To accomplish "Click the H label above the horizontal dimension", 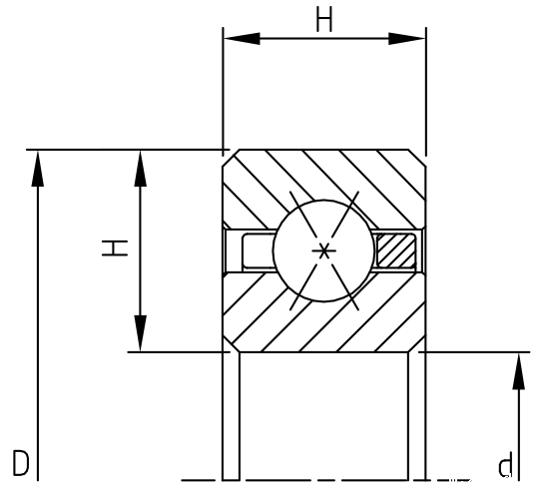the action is tap(324, 19).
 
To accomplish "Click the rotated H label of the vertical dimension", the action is tap(115, 247).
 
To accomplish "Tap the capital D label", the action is tap(21, 463).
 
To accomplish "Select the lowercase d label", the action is tap(505, 465).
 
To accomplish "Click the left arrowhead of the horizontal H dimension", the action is tap(242, 38).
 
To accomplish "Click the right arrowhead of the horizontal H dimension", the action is tap(407, 38).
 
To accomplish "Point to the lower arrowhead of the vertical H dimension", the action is tap(140, 333).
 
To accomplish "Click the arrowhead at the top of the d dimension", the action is tap(518, 370).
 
